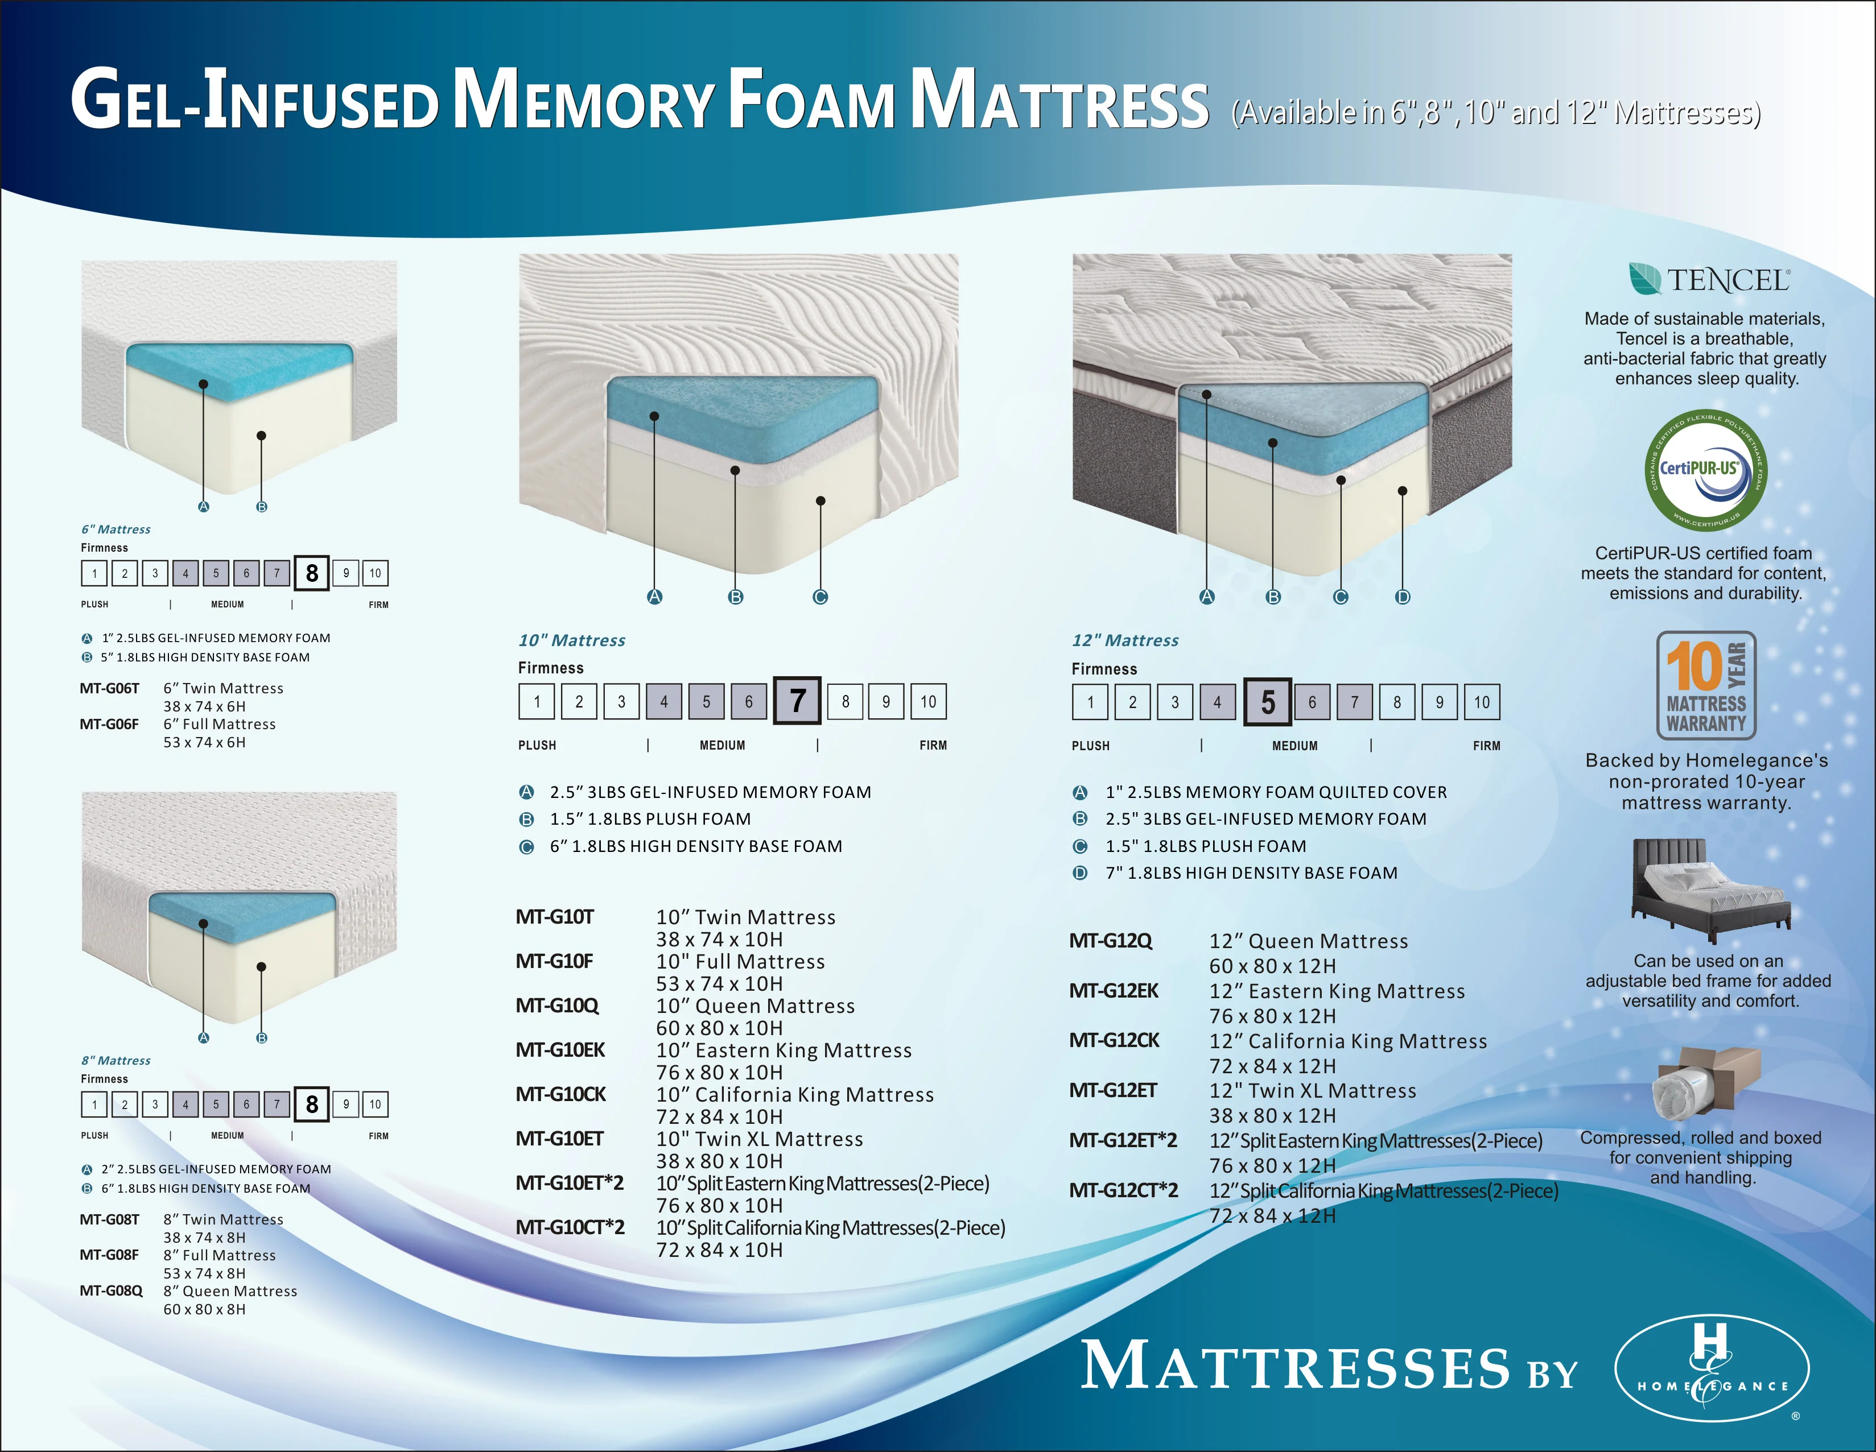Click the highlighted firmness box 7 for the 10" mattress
coord(797,701)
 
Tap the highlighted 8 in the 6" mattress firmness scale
coord(312,573)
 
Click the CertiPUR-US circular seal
coord(1705,470)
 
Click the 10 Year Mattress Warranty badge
coord(1706,685)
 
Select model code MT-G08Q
coord(111,1290)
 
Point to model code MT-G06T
coord(109,688)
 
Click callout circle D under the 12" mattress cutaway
coord(1403,597)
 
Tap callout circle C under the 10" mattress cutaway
coord(821,597)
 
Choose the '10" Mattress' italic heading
coord(571,640)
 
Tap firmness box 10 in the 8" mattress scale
coord(374,1104)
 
